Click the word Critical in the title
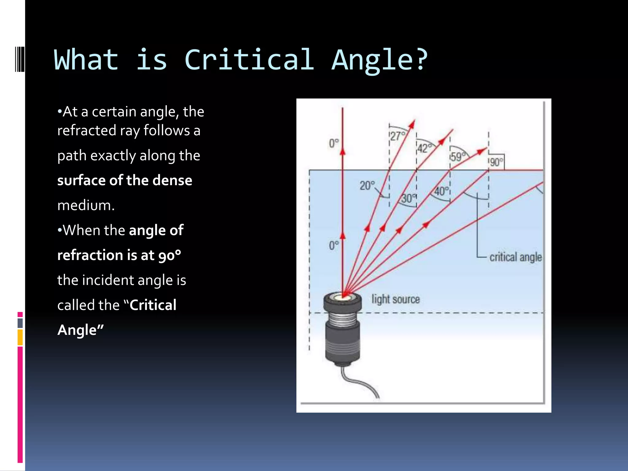(249, 60)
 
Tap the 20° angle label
(367, 186)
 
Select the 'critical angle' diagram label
(515, 257)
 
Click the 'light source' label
(396, 299)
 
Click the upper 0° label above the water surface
(334, 143)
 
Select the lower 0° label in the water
(334, 245)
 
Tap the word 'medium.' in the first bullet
(86, 205)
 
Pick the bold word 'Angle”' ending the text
(80, 330)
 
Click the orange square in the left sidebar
(20, 337)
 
